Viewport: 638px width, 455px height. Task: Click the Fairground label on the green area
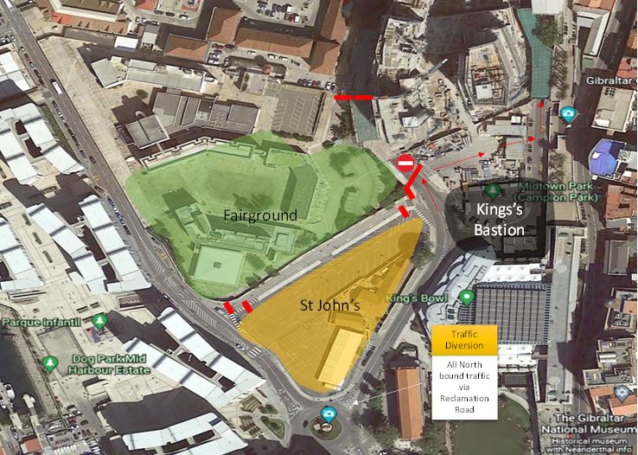coord(258,215)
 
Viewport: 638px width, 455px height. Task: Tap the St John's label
coord(329,304)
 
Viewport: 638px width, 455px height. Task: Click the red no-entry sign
coord(405,162)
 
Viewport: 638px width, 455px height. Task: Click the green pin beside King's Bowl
coord(468,298)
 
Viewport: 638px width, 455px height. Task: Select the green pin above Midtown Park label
coord(494,189)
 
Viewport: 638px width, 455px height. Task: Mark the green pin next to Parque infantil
coord(100,322)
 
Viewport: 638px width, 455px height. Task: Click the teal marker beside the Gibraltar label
coord(568,113)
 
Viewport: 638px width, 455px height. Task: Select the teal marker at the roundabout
coord(328,413)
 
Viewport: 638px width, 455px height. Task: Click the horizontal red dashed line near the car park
coord(354,98)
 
